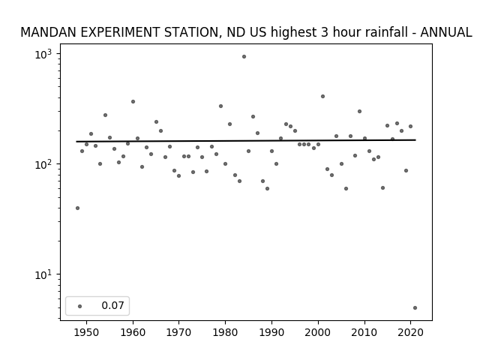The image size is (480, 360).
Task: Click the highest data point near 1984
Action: (x=244, y=57)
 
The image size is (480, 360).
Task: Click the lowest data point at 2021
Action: (x=415, y=308)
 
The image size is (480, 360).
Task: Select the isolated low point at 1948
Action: (x=77, y=208)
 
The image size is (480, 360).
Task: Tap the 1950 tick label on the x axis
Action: (x=87, y=332)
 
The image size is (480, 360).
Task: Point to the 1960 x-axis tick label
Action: (x=133, y=332)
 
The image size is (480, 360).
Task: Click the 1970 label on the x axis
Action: (x=179, y=332)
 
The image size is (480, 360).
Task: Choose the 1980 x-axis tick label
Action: (x=225, y=332)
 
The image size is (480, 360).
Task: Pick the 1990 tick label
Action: (x=271, y=332)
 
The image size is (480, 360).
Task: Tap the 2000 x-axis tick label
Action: (x=318, y=332)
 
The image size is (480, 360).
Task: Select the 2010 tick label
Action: (x=364, y=332)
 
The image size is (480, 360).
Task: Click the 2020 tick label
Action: (x=410, y=332)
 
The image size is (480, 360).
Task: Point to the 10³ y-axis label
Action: (x=43, y=54)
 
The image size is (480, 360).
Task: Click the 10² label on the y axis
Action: (x=43, y=165)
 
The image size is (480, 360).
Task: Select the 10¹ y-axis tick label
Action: (x=43, y=275)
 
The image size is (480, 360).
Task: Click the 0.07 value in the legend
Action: (x=112, y=305)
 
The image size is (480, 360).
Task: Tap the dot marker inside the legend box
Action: (x=80, y=306)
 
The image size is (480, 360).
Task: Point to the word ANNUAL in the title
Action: (x=446, y=32)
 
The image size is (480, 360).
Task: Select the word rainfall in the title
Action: (x=370, y=32)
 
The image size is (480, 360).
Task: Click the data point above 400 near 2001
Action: (x=322, y=97)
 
